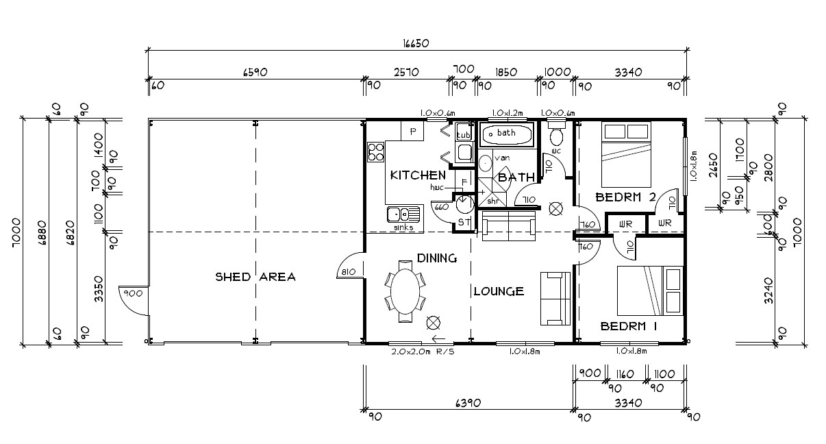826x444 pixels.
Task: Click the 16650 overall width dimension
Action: tap(416, 44)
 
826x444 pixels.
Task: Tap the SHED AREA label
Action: tap(255, 277)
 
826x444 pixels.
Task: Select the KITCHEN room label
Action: tap(418, 175)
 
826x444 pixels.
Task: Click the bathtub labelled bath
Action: tap(506, 134)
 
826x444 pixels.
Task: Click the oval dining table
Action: tap(405, 292)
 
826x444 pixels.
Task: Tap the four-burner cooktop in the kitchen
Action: tap(376, 152)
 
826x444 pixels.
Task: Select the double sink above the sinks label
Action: tap(403, 214)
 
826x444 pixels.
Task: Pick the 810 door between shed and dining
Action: tap(350, 265)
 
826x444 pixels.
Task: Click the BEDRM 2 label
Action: tap(626, 197)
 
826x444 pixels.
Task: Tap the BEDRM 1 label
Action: tap(628, 326)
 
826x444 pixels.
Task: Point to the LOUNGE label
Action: tap(499, 292)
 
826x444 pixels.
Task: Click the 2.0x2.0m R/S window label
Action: tap(423, 351)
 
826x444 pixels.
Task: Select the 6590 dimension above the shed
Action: tap(255, 72)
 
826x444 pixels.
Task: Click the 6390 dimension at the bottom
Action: tap(468, 403)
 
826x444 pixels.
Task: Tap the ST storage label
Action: tap(464, 222)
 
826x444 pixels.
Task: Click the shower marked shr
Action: tap(492, 193)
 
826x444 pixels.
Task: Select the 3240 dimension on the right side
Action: tap(768, 291)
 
